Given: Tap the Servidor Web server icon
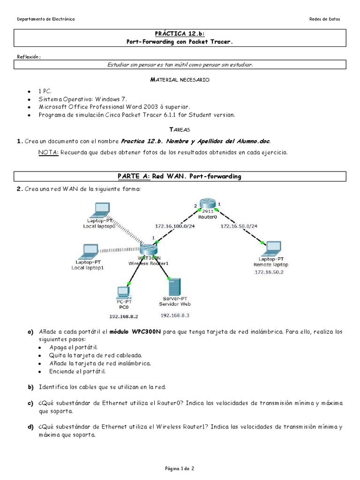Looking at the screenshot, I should pyautogui.click(x=173, y=286).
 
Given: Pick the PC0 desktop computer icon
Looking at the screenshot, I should pyautogui.click(x=124, y=292).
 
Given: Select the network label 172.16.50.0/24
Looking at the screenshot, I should pyautogui.click(x=239, y=226).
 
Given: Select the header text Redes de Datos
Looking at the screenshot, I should pyautogui.click(x=325, y=19).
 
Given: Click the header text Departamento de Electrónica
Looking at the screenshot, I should pyautogui.click(x=45, y=19).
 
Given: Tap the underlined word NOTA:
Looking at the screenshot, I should pyautogui.click(x=48, y=152).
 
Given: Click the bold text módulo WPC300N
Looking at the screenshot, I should pyautogui.click(x=135, y=332).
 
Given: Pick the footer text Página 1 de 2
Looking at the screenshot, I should pyautogui.click(x=180, y=468).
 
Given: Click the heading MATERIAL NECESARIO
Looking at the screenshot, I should pyautogui.click(x=180, y=80).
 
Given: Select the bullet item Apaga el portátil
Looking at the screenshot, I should pyautogui.click(x=74, y=347).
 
